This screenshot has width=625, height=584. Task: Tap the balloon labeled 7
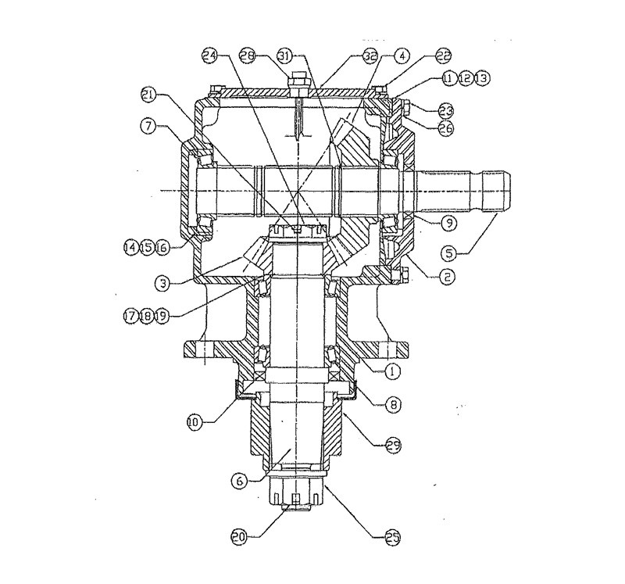point(148,124)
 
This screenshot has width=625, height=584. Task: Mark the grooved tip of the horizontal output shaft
point(497,190)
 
